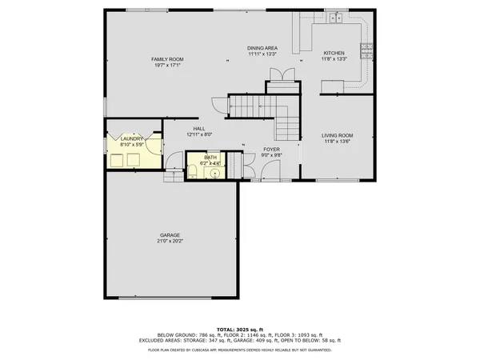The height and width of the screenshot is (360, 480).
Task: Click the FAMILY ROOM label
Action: pyautogui.click(x=169, y=59)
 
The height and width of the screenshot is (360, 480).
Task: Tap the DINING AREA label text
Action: pyautogui.click(x=262, y=48)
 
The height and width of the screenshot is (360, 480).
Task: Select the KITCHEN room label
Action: pyautogui.click(x=334, y=52)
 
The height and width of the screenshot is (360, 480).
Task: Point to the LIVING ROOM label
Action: pyautogui.click(x=337, y=135)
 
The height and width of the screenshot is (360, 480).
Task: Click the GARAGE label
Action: pyautogui.click(x=169, y=235)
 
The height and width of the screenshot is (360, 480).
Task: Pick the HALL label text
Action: pyautogui.click(x=198, y=129)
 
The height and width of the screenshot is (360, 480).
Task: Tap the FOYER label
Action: pyautogui.click(x=272, y=149)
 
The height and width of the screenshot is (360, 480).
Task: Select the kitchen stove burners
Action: pyautogui.click(x=367, y=50)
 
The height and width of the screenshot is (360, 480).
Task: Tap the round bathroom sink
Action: pyautogui.click(x=214, y=172)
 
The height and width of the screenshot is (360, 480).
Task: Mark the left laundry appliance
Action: pyautogui.click(x=118, y=160)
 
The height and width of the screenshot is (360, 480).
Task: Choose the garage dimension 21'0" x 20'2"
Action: pyautogui.click(x=169, y=241)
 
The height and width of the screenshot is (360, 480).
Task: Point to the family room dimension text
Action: pyautogui.click(x=169, y=65)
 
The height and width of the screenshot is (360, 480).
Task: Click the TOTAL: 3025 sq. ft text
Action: pyautogui.click(x=239, y=329)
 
